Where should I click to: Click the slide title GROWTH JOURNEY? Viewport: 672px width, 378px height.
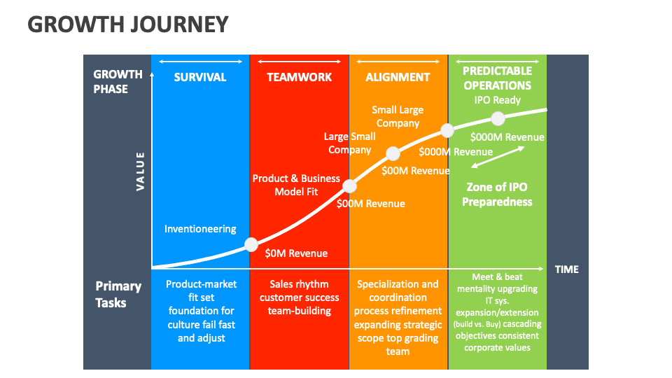[x=128, y=24]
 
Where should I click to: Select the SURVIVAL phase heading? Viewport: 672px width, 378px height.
[x=200, y=77]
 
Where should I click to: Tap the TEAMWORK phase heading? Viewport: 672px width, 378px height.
[x=299, y=77]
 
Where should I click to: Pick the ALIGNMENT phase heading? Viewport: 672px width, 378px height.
[x=398, y=77]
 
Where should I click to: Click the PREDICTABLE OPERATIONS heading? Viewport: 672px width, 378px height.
[x=497, y=78]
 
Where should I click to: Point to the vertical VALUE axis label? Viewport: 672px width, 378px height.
[x=140, y=171]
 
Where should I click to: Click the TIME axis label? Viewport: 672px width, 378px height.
[x=567, y=269]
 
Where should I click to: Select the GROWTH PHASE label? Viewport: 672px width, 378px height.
[x=118, y=81]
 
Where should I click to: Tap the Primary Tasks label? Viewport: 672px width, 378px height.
[x=118, y=294]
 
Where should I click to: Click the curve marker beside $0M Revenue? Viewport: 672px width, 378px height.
[x=251, y=244]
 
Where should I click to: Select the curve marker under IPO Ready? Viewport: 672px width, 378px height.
[x=498, y=118]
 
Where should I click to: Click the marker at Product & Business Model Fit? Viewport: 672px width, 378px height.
[x=350, y=186]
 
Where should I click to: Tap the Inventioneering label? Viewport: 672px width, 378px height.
[x=200, y=229]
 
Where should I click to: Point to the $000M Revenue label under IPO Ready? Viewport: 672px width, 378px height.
[x=507, y=137]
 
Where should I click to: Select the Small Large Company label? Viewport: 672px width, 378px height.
[x=398, y=116]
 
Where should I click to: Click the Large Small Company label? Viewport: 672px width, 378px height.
[x=349, y=143]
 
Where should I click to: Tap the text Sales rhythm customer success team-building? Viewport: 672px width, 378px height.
[x=299, y=297]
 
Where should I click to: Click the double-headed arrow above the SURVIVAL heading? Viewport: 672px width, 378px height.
[x=200, y=62]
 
